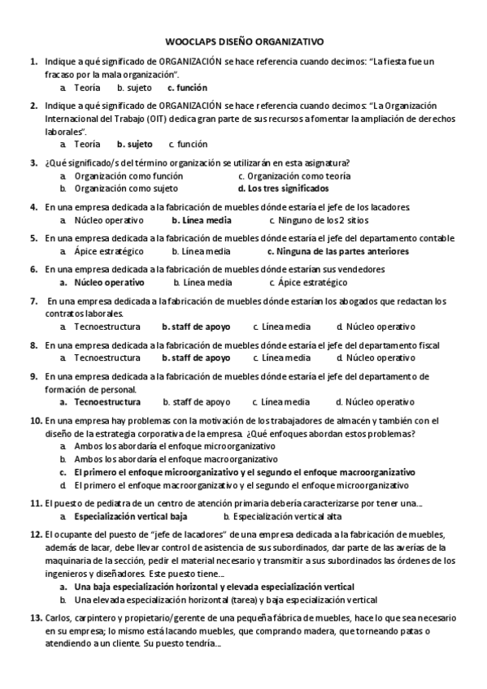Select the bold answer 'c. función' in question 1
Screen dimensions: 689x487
tap(187, 87)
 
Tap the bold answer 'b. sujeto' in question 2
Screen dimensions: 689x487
tap(134, 144)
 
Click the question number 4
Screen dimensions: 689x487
tap(34, 206)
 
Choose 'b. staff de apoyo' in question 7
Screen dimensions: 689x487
tap(196, 327)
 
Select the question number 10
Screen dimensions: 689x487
tap(36, 420)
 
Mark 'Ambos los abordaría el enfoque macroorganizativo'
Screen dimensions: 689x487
tap(167, 459)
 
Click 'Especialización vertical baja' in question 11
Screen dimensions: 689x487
tap(130, 516)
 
